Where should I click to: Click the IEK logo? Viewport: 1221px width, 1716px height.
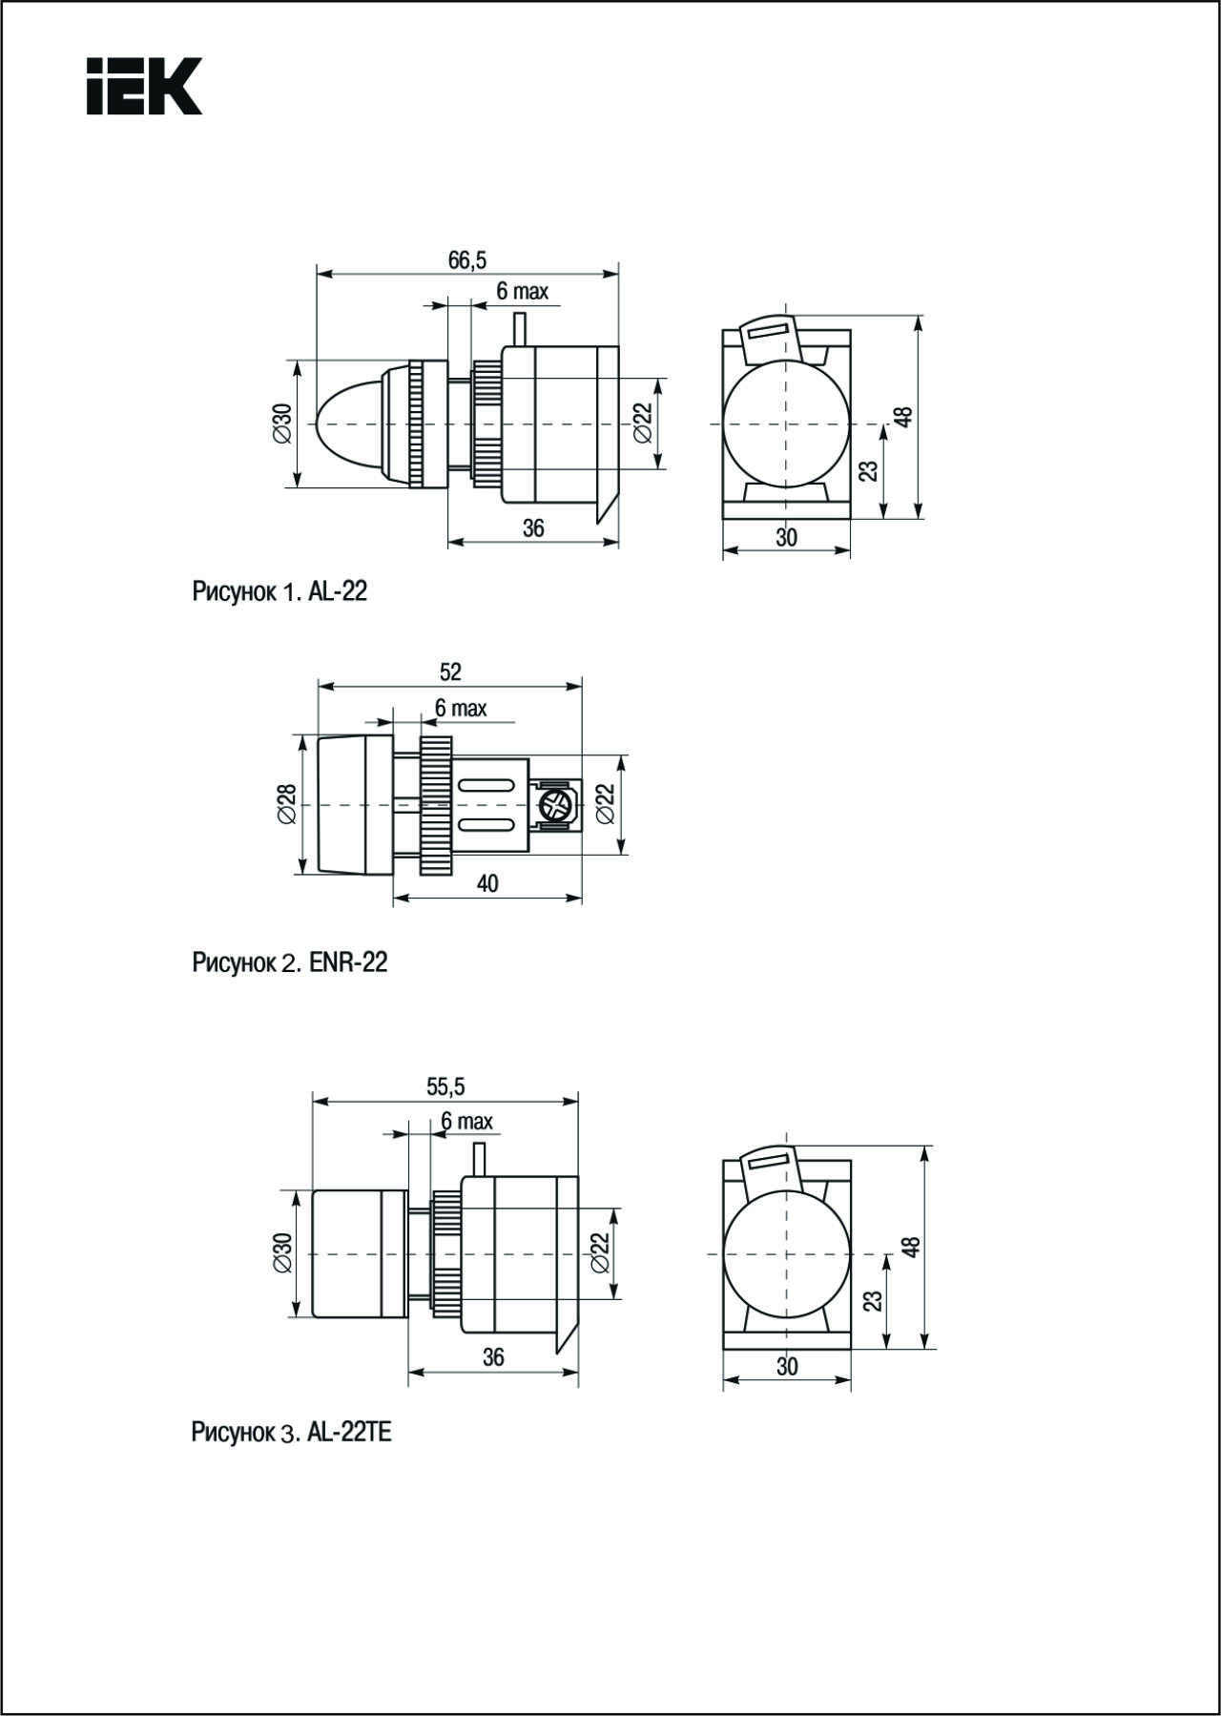pyautogui.click(x=144, y=87)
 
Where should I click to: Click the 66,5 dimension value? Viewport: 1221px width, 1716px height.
pyautogui.click(x=467, y=259)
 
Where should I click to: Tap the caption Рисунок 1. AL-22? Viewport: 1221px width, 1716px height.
pyautogui.click(x=279, y=591)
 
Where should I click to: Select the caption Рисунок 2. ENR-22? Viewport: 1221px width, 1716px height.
pyautogui.click(x=290, y=961)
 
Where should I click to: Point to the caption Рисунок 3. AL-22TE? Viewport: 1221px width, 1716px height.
pyautogui.click(x=292, y=1432)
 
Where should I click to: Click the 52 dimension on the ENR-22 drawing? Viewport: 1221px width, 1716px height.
pyautogui.click(x=450, y=672)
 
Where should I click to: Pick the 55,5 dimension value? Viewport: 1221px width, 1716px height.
pyautogui.click(x=445, y=1086)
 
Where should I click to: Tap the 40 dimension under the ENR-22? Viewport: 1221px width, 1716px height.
pyautogui.click(x=487, y=883)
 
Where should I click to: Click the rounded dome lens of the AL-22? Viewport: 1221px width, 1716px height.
pyautogui.click(x=348, y=424)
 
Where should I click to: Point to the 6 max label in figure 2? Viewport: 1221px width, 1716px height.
pyautogui.click(x=461, y=708)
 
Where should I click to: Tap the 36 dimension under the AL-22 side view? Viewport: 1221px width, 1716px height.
pyautogui.click(x=533, y=527)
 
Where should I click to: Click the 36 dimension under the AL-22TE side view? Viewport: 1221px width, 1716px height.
pyautogui.click(x=493, y=1356)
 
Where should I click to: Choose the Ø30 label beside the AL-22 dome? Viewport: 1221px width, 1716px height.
pyautogui.click(x=281, y=424)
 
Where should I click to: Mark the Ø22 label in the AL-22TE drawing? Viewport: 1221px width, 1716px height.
pyautogui.click(x=600, y=1251)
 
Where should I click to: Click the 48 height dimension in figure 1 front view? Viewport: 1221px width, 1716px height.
pyautogui.click(x=903, y=417)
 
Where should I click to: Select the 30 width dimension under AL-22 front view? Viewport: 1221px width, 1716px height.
pyautogui.click(x=786, y=537)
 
